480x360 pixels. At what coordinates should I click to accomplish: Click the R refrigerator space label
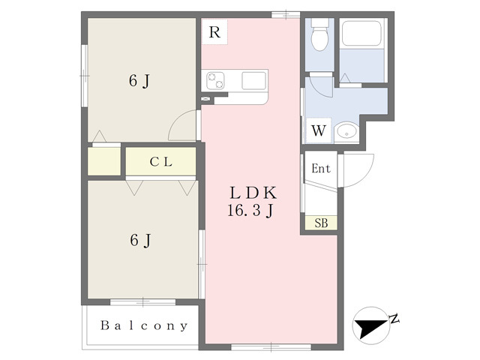[214, 31]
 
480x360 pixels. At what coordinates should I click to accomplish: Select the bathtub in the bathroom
[361, 33]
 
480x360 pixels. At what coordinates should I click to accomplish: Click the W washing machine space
[319, 130]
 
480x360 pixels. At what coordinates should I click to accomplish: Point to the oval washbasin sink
[346, 132]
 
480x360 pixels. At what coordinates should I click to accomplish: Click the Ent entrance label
[321, 168]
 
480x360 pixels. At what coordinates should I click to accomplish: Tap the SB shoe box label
[321, 223]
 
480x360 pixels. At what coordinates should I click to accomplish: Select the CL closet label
[161, 162]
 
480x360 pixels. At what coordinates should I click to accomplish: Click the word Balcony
[144, 325]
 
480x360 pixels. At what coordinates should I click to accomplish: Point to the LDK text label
[253, 193]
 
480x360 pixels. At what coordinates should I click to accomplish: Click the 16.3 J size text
[250, 211]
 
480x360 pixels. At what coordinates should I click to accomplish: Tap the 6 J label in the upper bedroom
[139, 82]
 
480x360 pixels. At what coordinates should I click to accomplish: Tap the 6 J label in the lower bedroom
[140, 241]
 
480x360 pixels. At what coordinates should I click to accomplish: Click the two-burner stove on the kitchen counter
[215, 80]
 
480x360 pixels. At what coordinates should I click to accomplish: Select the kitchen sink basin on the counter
[253, 80]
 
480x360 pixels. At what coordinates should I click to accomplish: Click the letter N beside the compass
[394, 319]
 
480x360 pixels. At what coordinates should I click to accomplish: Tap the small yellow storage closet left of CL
[104, 161]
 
